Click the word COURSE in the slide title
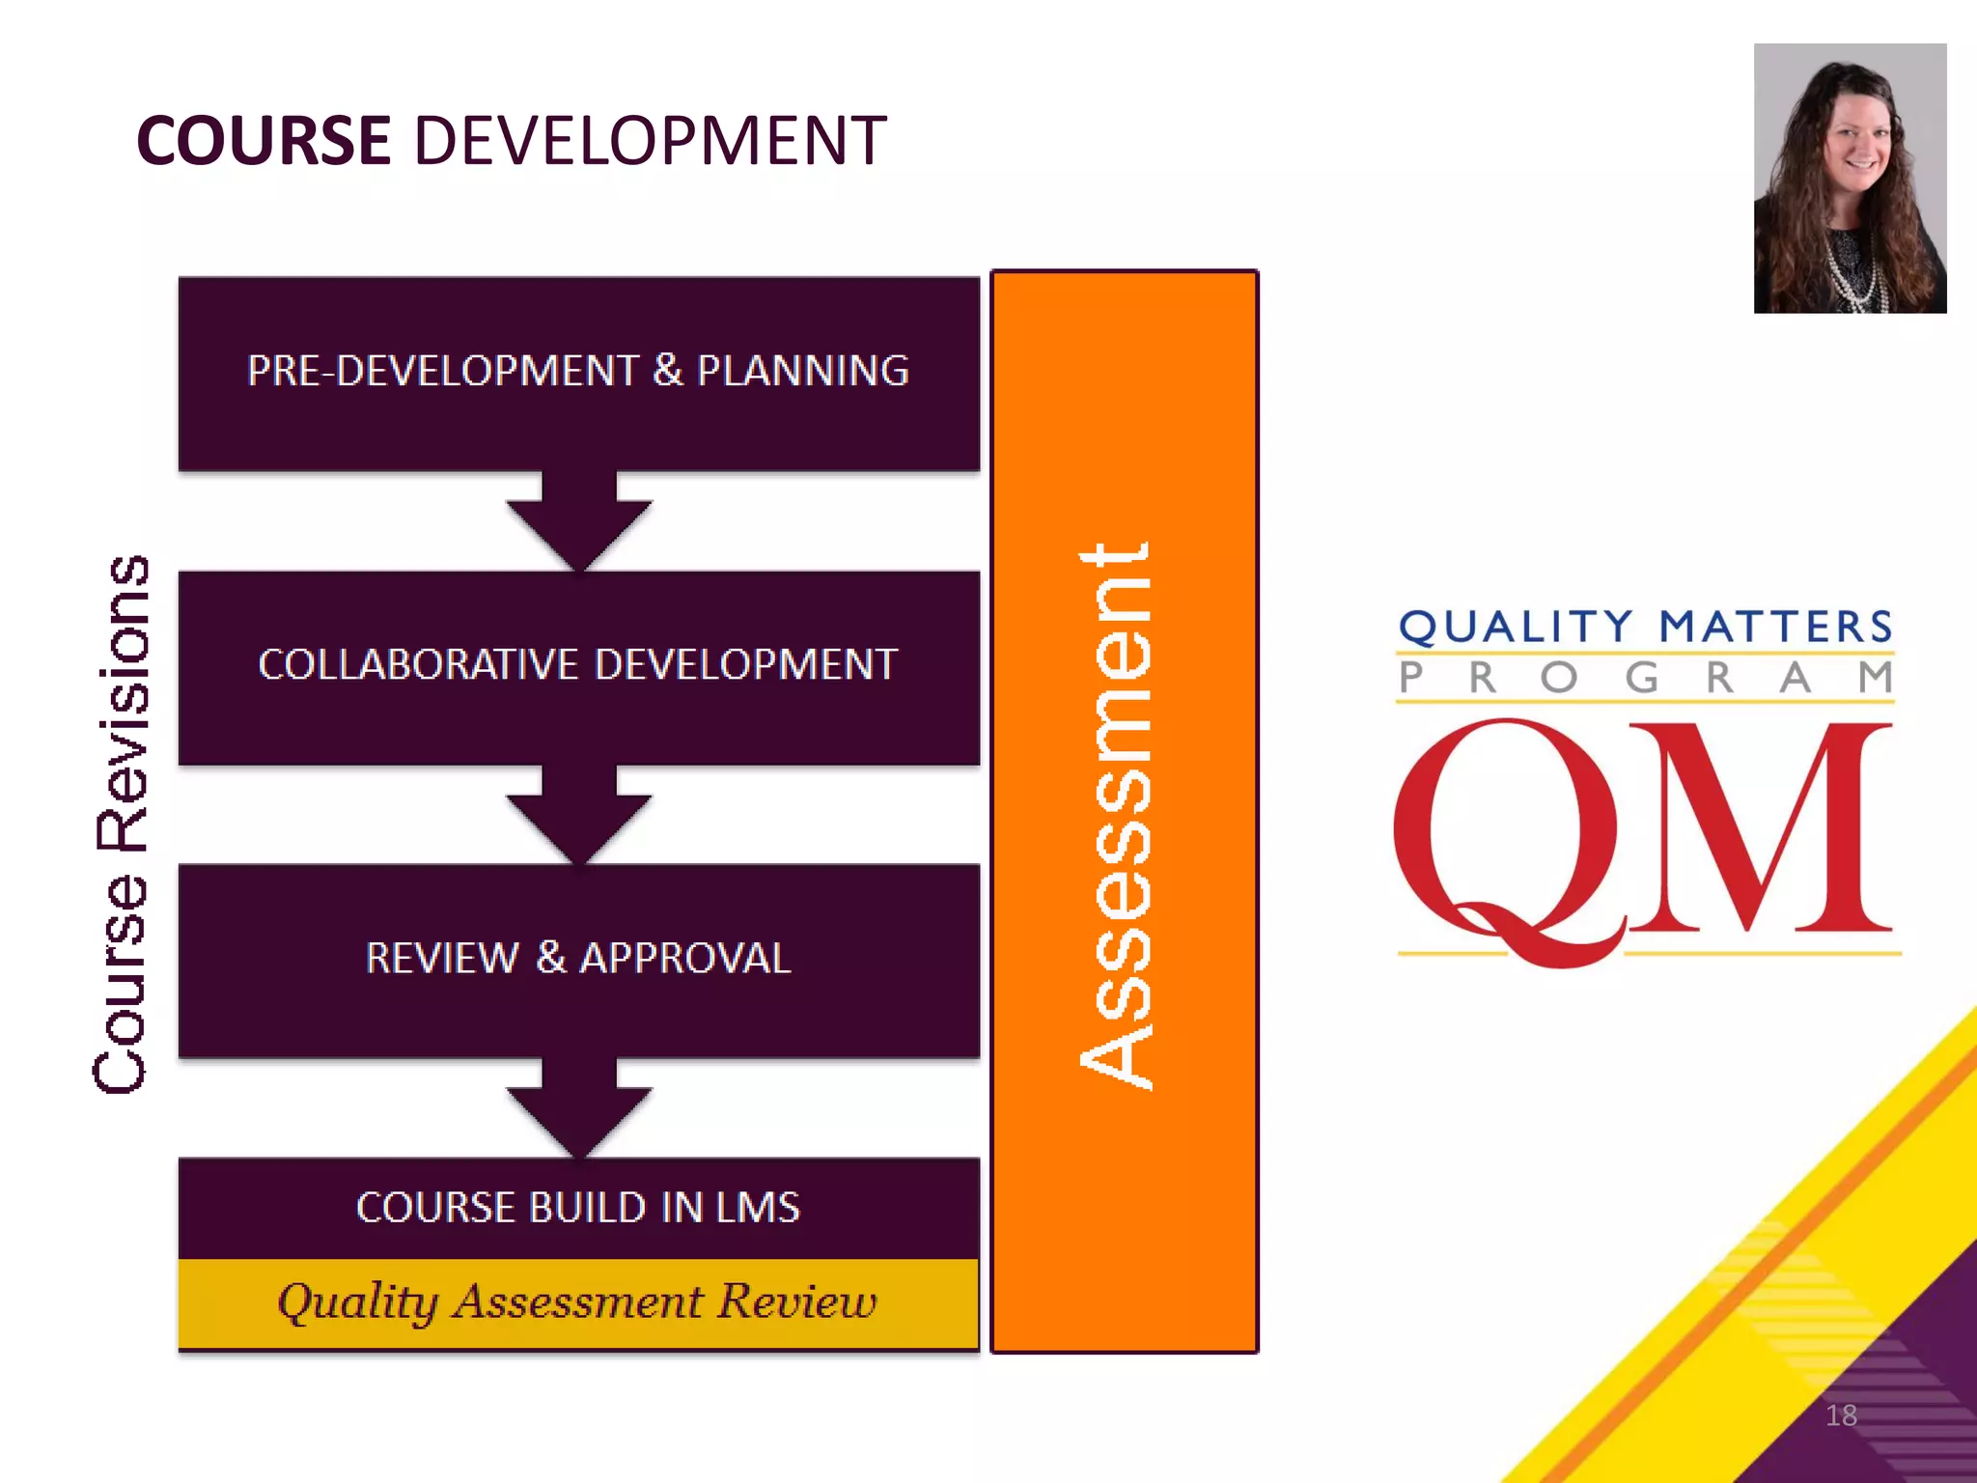(264, 141)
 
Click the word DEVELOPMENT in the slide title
(650, 141)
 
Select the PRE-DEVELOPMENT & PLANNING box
(578, 373)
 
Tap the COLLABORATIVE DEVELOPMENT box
(578, 666)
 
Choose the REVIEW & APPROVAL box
(578, 960)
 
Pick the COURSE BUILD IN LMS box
(578, 1208)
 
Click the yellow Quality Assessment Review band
(578, 1302)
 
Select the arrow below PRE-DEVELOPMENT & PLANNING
(579, 522)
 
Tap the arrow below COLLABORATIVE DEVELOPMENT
(579, 816)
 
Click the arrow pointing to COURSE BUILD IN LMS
(579, 1109)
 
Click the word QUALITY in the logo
(1516, 628)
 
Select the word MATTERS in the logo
(1776, 628)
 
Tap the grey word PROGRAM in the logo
(1646, 678)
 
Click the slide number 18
(1841, 1415)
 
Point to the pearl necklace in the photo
(1858, 275)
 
